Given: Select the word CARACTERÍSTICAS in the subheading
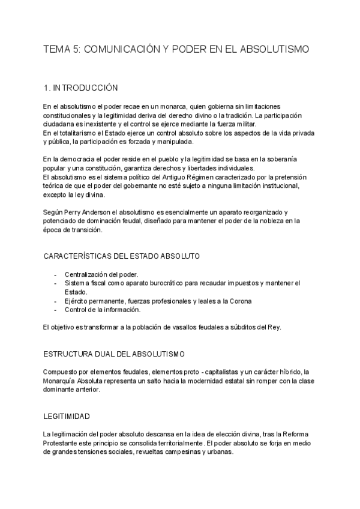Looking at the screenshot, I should coord(78,256).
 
